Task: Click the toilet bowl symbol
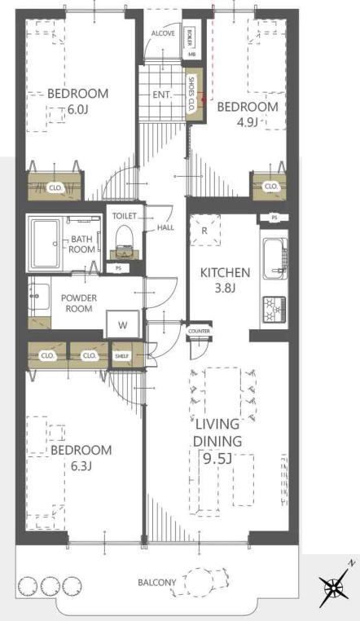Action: [125, 239]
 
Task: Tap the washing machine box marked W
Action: [123, 325]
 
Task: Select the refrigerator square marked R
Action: [204, 231]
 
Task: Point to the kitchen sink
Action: [274, 263]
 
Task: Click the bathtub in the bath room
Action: [46, 244]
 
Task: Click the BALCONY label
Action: [156, 583]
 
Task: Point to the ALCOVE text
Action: [163, 33]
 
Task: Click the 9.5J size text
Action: [217, 459]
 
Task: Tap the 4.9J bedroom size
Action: [247, 122]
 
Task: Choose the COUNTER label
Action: [199, 331]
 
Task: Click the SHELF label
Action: [121, 356]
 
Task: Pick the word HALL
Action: [165, 227]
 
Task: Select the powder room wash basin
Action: [39, 296]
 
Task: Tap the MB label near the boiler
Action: [191, 55]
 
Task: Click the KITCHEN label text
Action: [225, 273]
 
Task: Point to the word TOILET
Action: [125, 216]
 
